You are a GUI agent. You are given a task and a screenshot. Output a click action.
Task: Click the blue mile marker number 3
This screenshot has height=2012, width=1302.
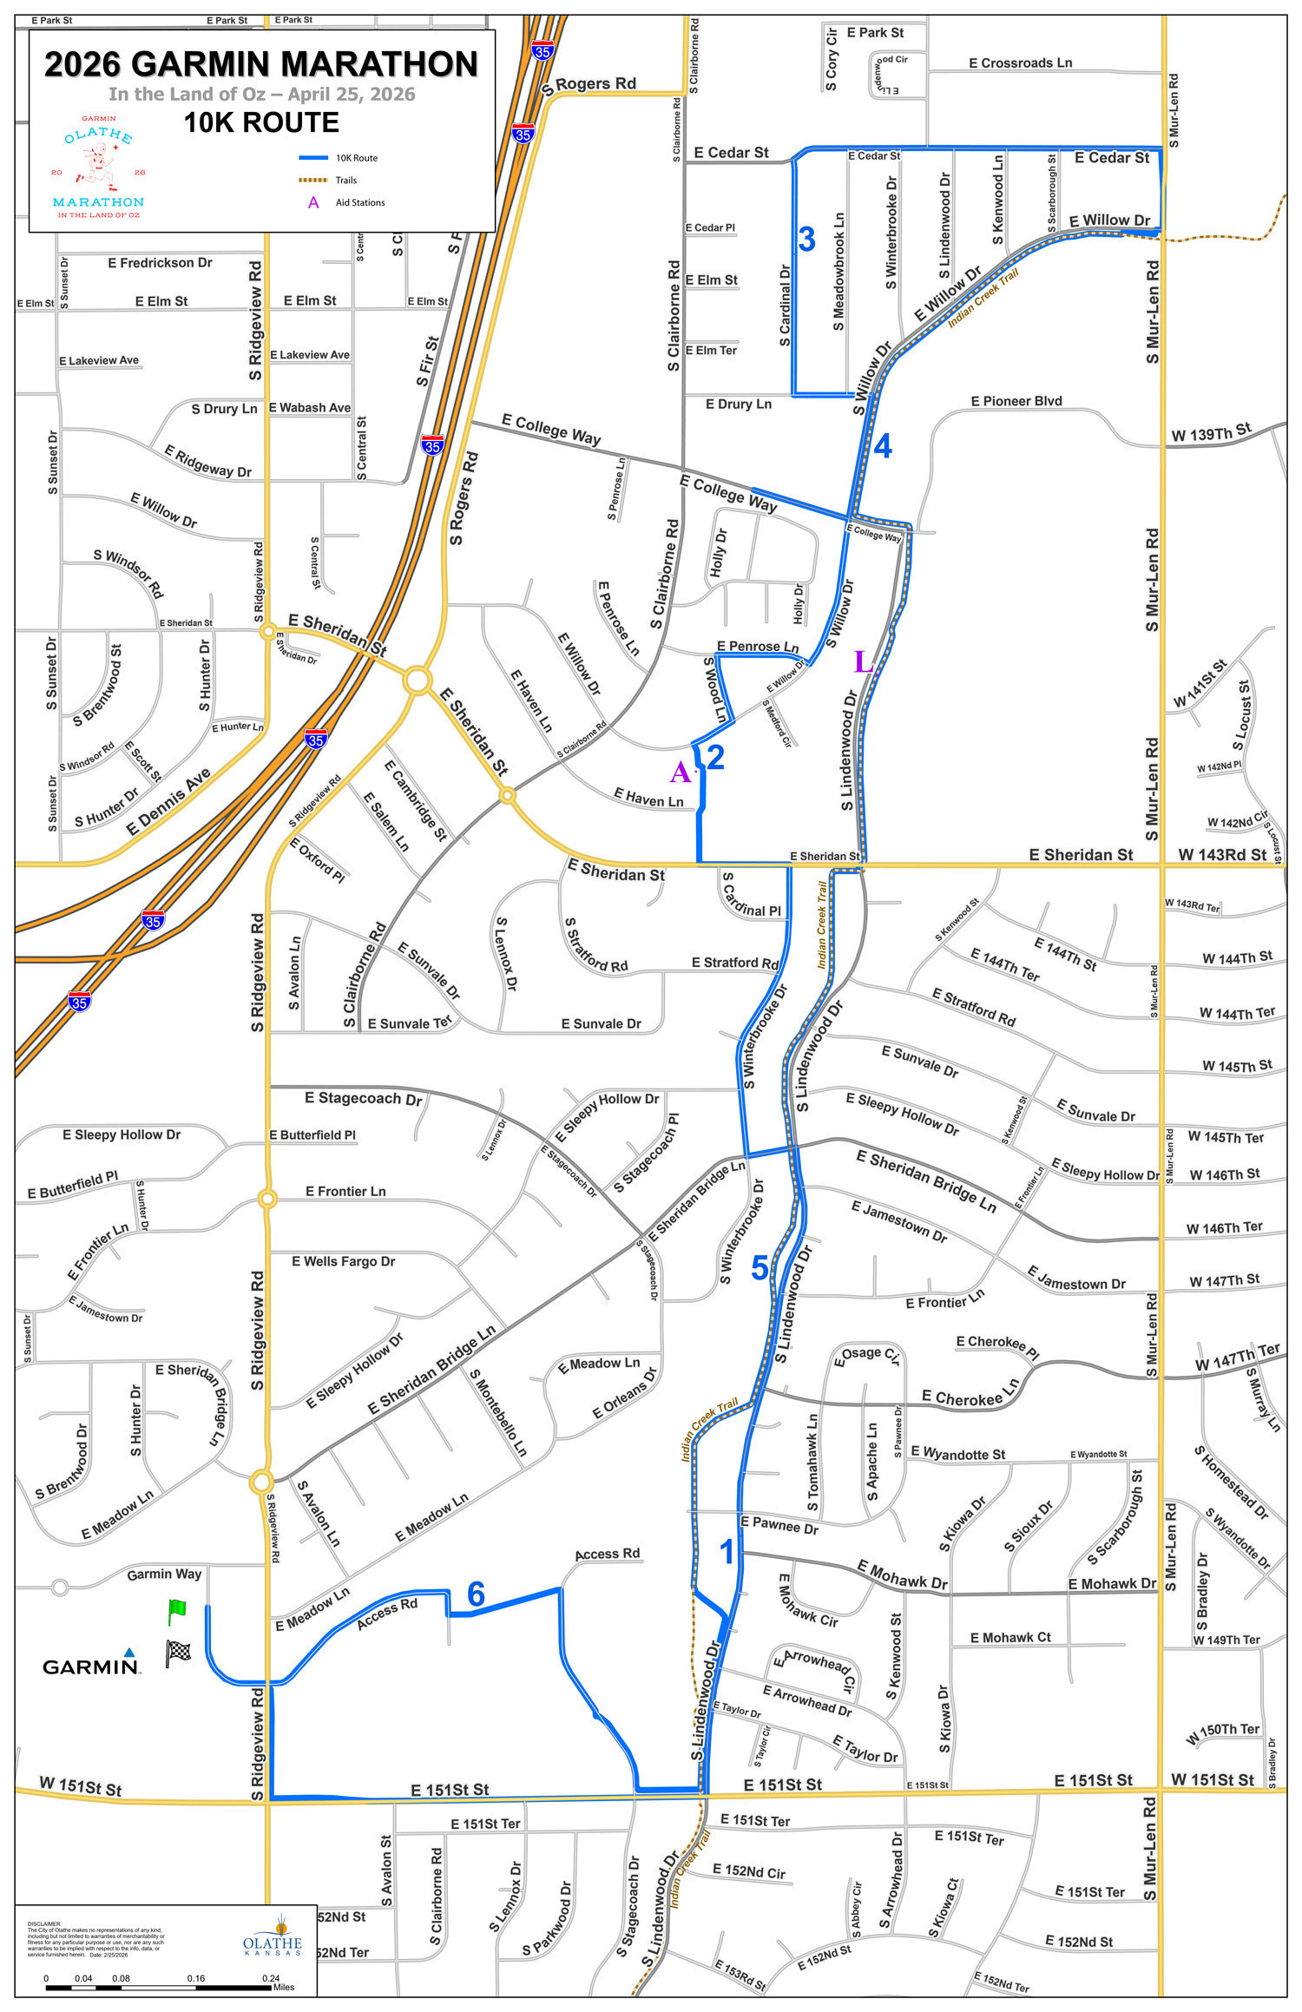pyautogui.click(x=806, y=240)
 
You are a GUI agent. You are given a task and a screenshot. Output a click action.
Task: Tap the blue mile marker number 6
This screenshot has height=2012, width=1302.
pyautogui.click(x=476, y=1594)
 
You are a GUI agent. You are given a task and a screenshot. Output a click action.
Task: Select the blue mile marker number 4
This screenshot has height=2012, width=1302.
pyautogui.click(x=882, y=446)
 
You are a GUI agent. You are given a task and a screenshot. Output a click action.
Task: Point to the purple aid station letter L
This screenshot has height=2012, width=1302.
pyautogui.click(x=862, y=662)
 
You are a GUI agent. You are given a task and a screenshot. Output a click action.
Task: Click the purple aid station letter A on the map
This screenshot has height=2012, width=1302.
pyautogui.click(x=680, y=772)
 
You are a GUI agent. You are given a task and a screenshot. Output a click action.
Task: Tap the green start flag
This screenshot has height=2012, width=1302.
pyautogui.click(x=177, y=1611)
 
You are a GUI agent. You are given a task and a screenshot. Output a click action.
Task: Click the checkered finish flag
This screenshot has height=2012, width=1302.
pyautogui.click(x=178, y=1651)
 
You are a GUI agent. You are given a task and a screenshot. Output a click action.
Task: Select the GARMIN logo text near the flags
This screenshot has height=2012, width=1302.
pyautogui.click(x=91, y=1666)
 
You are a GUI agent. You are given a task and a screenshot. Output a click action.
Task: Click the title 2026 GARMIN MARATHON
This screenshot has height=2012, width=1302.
pyautogui.click(x=261, y=64)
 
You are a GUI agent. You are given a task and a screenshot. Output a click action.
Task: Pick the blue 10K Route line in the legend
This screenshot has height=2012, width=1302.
pyautogui.click(x=313, y=158)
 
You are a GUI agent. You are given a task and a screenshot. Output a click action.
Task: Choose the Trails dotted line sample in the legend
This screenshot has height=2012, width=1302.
pyautogui.click(x=313, y=181)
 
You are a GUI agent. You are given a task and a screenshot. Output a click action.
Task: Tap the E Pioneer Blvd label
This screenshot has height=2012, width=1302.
pyautogui.click(x=1016, y=401)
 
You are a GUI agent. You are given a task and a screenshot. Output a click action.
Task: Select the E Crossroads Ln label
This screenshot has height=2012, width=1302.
pyautogui.click(x=1020, y=63)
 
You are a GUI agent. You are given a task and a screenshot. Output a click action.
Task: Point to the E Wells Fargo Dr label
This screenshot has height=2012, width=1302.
pyautogui.click(x=343, y=1261)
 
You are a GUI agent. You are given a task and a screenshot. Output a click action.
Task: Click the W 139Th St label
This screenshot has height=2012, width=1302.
pyautogui.click(x=1211, y=432)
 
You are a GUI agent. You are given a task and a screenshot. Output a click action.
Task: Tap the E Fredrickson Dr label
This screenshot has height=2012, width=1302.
pyautogui.click(x=160, y=263)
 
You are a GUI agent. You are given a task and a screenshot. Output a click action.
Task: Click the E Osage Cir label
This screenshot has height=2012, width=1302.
pyautogui.click(x=866, y=1355)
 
